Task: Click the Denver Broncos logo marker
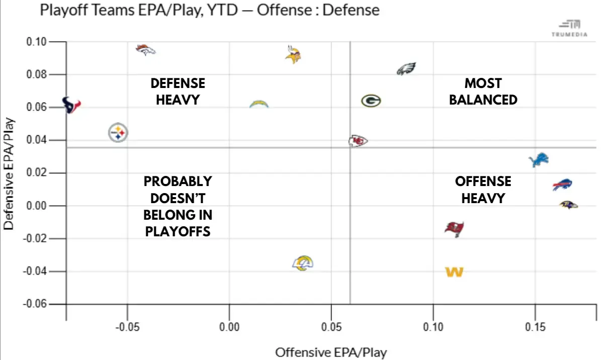[x=145, y=49]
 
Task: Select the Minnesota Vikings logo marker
[x=293, y=54]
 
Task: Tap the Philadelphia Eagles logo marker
[x=406, y=69]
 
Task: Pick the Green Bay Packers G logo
[x=371, y=101]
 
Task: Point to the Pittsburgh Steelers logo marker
[x=118, y=133]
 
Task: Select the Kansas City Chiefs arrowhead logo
[x=358, y=141]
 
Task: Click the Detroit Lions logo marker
[x=539, y=160]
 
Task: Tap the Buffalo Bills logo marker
[x=562, y=185]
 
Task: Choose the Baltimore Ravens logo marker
[x=568, y=205]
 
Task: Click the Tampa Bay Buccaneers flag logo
[x=454, y=229]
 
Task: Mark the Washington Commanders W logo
[x=454, y=272]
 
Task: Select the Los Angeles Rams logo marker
[x=303, y=263]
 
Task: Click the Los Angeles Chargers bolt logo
[x=259, y=104]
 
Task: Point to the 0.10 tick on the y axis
[x=36, y=42]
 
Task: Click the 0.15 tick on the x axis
[x=535, y=327]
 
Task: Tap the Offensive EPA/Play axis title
[x=331, y=352]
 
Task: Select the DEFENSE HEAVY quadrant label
[x=178, y=91]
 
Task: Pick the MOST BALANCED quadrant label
[x=483, y=91]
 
